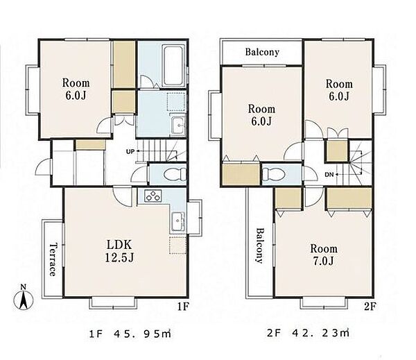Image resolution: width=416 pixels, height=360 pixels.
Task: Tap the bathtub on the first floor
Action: pos(174,66)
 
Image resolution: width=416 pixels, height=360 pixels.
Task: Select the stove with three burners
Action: pos(153,196)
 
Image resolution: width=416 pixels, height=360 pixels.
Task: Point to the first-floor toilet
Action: pos(175,174)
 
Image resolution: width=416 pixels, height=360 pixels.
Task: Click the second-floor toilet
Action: pos(274,174)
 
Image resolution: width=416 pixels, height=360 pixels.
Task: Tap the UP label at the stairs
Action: pos(130,152)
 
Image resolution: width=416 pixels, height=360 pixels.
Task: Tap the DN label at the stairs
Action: pos(329,175)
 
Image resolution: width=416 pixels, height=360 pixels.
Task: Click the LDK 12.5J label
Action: pos(119,251)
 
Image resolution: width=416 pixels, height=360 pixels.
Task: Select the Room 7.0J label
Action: pos(324,255)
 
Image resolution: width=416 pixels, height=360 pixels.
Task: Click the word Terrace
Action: pos(53,259)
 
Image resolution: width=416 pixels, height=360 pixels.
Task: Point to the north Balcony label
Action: pos(262,52)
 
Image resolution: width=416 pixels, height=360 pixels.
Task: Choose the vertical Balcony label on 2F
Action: pos(260,246)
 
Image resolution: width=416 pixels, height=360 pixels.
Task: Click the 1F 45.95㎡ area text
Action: pos(130,334)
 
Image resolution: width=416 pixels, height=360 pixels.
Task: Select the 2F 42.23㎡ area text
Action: pos(308,333)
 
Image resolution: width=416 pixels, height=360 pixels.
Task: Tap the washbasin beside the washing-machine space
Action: pos(178,126)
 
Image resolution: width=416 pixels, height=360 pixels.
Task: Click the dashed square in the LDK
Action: pos(177,245)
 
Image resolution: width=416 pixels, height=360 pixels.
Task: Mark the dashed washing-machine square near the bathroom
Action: pos(176,101)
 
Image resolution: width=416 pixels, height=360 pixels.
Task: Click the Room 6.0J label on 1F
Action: pos(76,89)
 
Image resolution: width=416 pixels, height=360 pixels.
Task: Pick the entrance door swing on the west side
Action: pos(42,166)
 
